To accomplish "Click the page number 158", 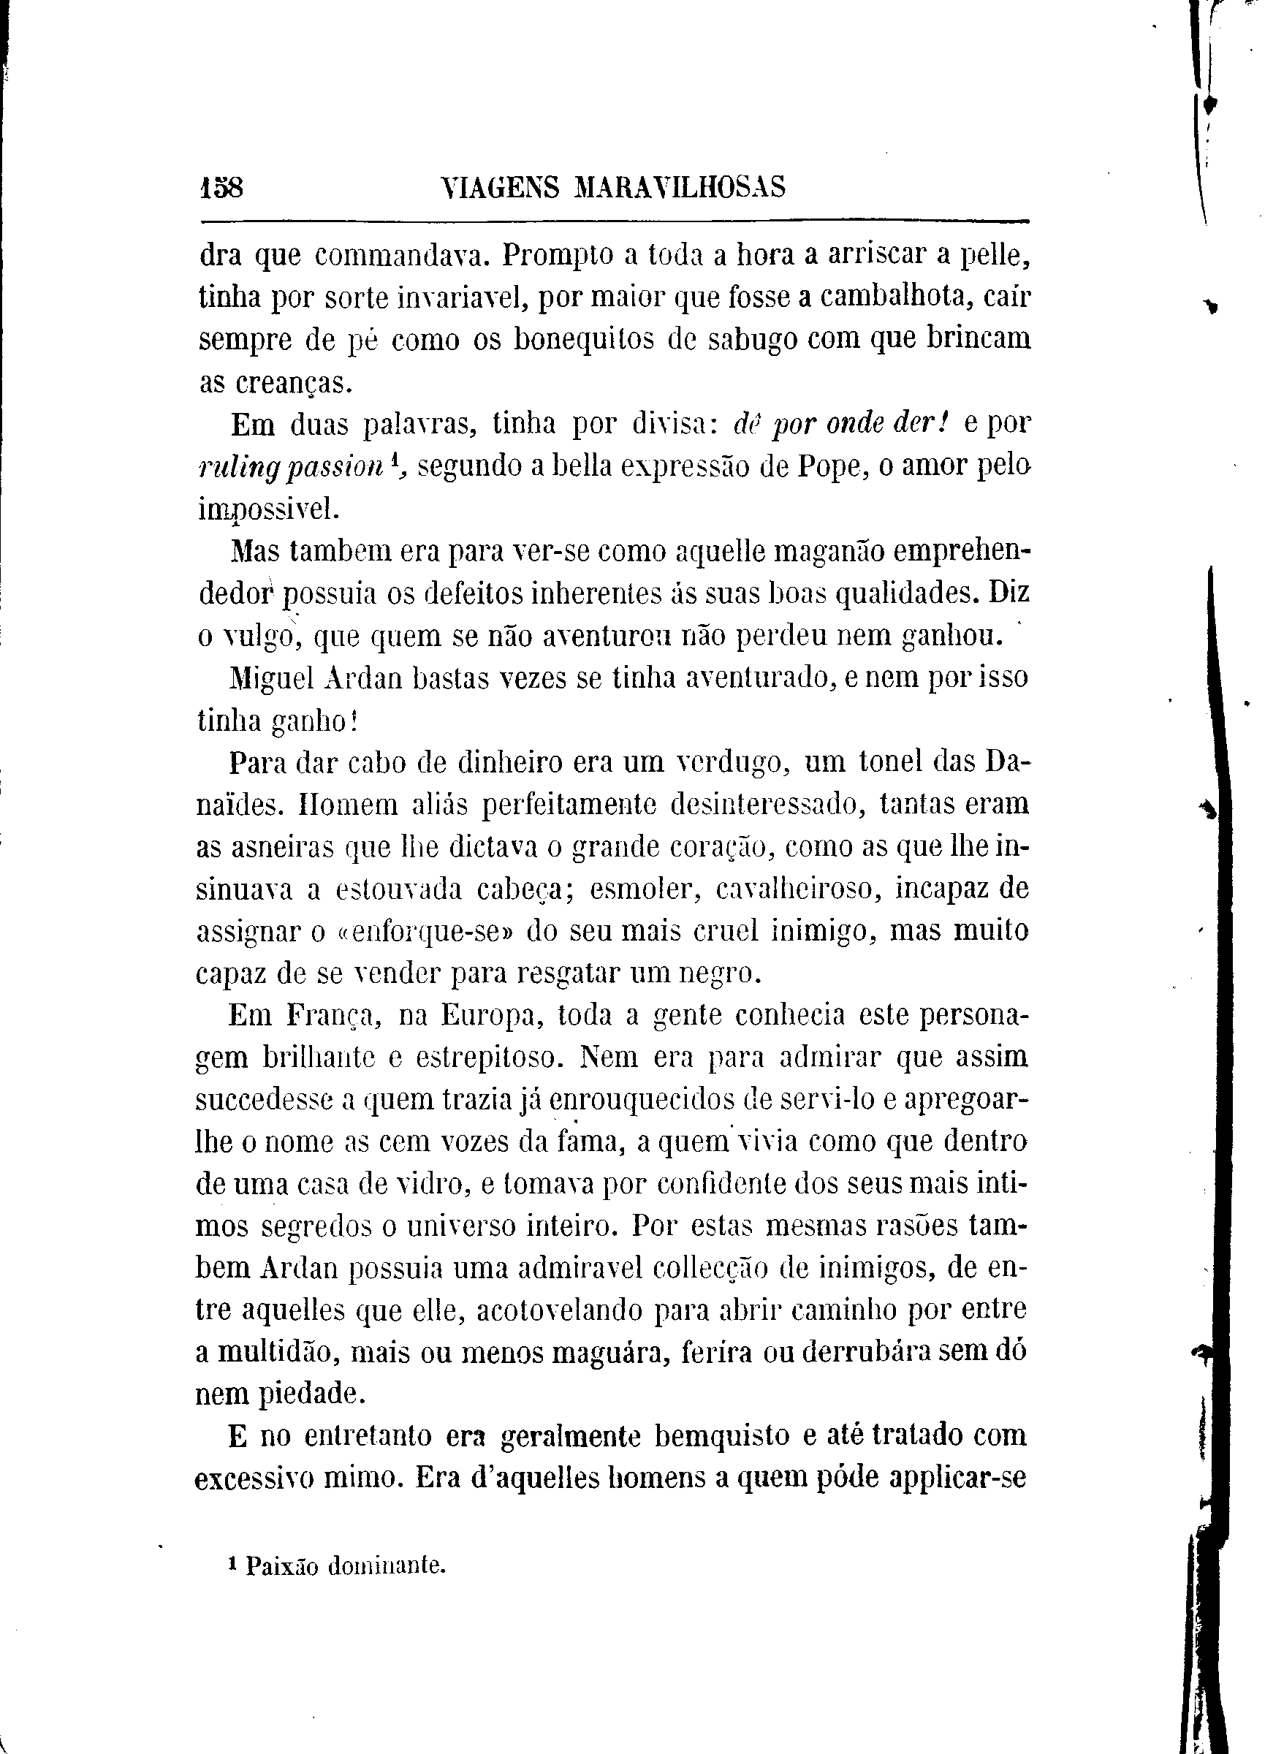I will [x=221, y=189].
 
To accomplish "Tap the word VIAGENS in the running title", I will [x=499, y=189].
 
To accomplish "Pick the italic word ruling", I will [x=231, y=468].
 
